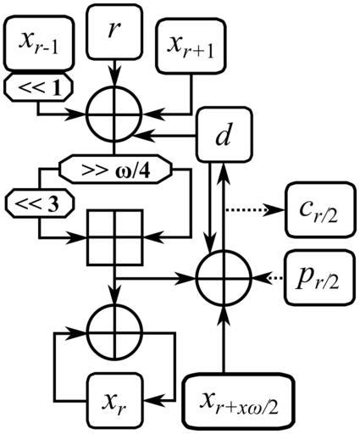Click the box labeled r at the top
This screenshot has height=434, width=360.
114,31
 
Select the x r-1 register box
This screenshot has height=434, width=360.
39,42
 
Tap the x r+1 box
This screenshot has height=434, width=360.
191,46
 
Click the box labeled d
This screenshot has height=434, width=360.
224,135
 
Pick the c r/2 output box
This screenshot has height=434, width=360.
320,209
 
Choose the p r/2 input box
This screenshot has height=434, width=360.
320,277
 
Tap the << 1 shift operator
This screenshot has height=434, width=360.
39,87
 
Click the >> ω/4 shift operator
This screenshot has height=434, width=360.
115,170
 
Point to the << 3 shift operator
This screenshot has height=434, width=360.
39,203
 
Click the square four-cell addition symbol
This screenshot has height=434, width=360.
114,237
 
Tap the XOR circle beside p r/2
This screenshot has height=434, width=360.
224,277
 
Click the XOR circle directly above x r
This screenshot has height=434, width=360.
114,331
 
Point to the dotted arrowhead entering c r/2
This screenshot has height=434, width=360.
275,210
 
